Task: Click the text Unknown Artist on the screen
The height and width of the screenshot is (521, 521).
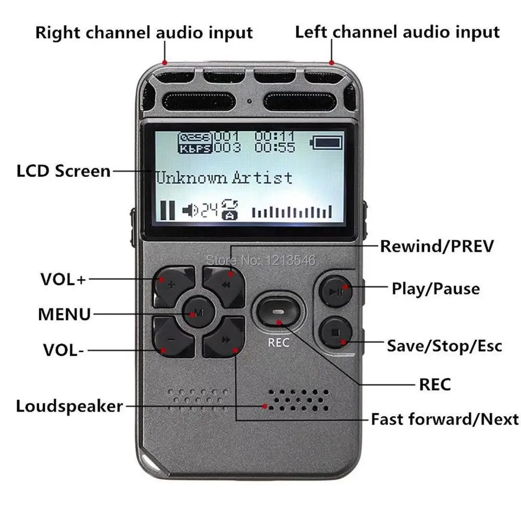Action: click(x=225, y=178)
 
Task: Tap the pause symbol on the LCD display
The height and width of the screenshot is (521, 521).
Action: click(x=167, y=209)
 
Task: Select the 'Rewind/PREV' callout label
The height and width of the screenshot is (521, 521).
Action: click(x=436, y=246)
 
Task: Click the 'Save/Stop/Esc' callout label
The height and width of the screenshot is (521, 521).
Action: click(x=444, y=345)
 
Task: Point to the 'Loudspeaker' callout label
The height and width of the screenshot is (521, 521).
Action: click(x=69, y=406)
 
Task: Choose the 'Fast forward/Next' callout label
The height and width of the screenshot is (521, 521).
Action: click(x=444, y=419)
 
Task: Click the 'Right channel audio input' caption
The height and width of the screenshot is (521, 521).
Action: click(x=144, y=32)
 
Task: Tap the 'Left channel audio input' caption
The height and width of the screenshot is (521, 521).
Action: click(x=397, y=32)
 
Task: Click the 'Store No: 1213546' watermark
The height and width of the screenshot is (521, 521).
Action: click(x=262, y=258)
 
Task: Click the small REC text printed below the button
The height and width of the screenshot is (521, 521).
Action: click(x=279, y=343)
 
